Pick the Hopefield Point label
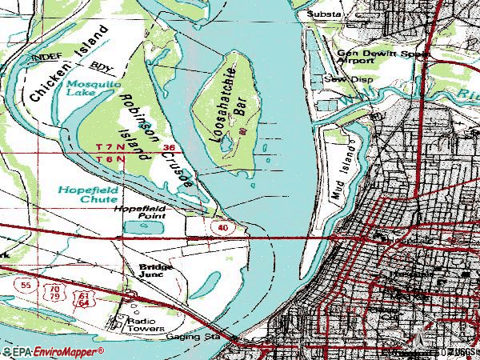pos(139,212)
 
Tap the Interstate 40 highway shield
pos(222,229)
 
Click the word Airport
pos(355,60)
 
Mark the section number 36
pos(168,148)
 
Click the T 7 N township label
pos(110,148)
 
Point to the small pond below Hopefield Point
pos(142,228)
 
